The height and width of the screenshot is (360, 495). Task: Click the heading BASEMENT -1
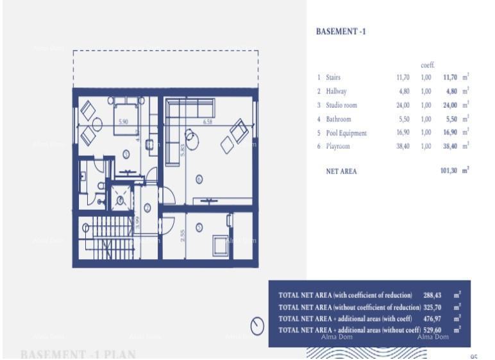tap(341, 31)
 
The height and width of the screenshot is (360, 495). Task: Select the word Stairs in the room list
tap(333, 77)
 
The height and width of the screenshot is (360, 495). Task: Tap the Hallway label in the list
tap(336, 91)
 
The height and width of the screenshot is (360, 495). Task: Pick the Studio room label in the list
tap(341, 105)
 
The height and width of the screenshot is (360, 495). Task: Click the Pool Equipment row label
tap(346, 133)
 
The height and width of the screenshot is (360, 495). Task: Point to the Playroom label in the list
tap(338, 147)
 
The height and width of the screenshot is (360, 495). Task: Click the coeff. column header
tap(428, 65)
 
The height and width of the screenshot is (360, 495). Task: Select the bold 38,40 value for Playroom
tap(451, 147)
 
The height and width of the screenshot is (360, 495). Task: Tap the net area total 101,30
tap(449, 171)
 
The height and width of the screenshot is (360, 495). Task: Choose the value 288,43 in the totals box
tap(433, 295)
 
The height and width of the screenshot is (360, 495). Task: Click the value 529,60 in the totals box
tap(433, 330)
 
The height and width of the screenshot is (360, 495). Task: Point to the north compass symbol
tap(258, 327)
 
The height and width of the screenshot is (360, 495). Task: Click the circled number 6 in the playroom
tap(199, 180)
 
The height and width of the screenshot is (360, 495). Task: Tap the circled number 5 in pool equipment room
tap(199, 227)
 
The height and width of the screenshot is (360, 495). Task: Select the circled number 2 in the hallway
tap(147, 207)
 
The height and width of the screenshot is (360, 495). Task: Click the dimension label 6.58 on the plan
tap(207, 121)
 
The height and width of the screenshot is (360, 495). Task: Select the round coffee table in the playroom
tap(192, 137)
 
